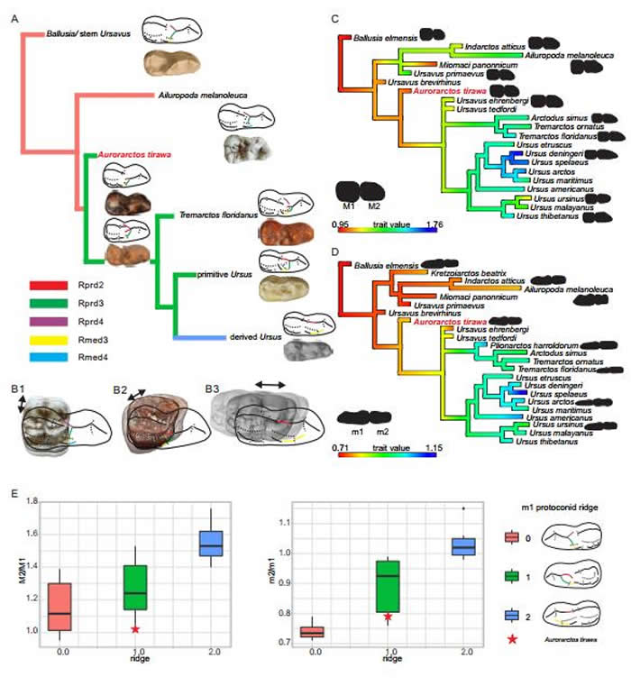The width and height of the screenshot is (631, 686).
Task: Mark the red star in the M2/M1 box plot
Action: [x=135, y=629]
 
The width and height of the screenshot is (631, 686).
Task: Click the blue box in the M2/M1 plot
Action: [x=210, y=544]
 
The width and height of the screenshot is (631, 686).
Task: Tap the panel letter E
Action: [x=14, y=494]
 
